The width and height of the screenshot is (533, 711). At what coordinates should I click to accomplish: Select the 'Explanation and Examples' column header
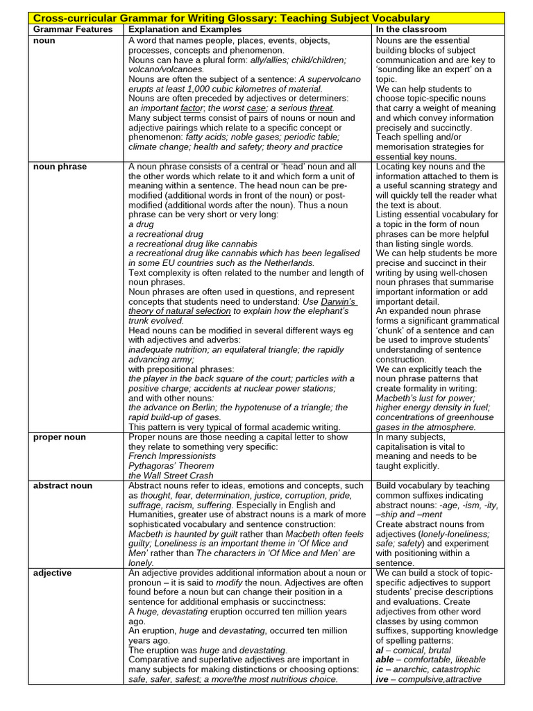click(x=185, y=29)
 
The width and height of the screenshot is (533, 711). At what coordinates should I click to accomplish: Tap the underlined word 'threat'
click(x=321, y=108)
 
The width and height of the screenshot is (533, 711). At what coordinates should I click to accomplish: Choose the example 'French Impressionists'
click(x=172, y=456)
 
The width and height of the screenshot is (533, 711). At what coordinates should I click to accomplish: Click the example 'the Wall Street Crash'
click(x=171, y=476)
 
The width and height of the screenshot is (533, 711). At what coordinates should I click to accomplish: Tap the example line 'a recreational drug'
click(x=166, y=234)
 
